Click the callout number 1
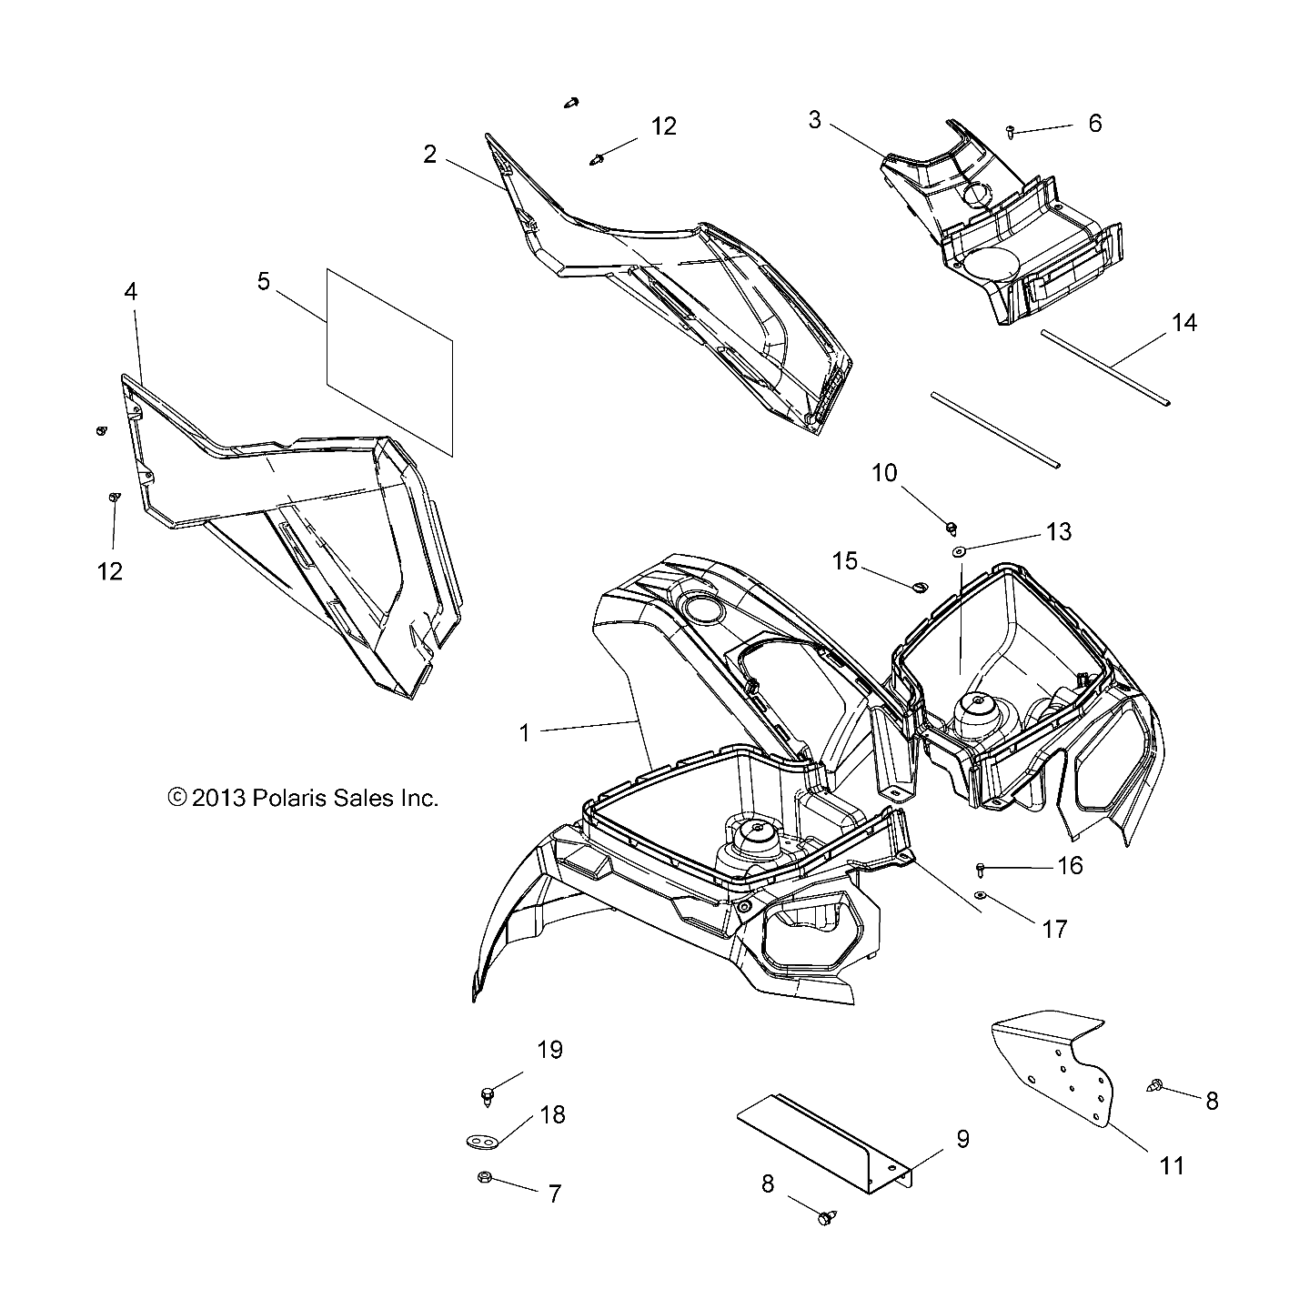pyautogui.click(x=525, y=732)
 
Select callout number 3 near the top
pyautogui.click(x=815, y=120)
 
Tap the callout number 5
pyautogui.click(x=264, y=281)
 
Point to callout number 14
pyautogui.click(x=1184, y=323)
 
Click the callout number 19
pyautogui.click(x=550, y=1050)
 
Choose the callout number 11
pyautogui.click(x=1173, y=1165)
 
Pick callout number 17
pyautogui.click(x=1055, y=929)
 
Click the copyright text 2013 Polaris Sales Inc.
pyautogui.click(x=304, y=798)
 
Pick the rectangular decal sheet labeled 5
pyautogui.click(x=389, y=360)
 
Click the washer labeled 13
pyautogui.click(x=959, y=551)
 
